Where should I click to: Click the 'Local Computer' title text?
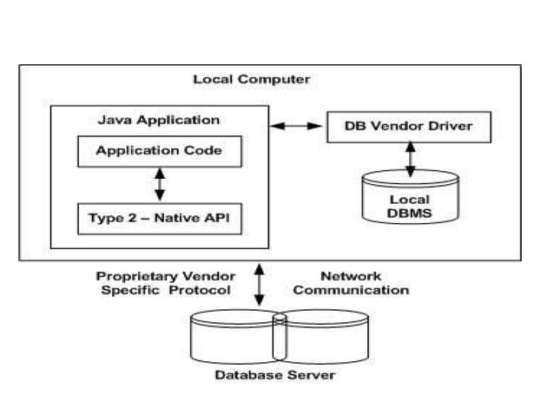coord(251,79)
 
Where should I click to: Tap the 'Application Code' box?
coord(159,151)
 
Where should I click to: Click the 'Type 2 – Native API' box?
coord(159,218)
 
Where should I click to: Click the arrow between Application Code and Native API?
coord(159,184)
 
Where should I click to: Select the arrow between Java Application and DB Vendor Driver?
coord(296,127)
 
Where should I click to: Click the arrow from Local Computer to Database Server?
coord(258,284)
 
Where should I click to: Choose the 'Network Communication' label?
coord(351,283)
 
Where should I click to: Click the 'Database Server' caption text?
coord(275,375)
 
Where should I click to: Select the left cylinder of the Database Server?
coord(233,336)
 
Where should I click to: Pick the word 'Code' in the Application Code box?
coord(205,151)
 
